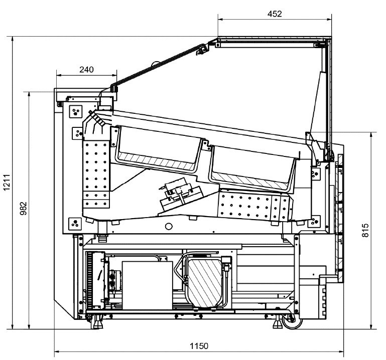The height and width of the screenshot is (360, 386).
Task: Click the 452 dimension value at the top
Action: (x=275, y=14)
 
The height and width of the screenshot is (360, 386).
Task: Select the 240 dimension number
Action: (x=86, y=70)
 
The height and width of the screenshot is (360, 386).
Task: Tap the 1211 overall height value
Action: (x=7, y=182)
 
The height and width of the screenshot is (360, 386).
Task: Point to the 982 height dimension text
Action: (x=24, y=208)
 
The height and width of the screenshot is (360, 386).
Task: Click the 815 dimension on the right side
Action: (x=365, y=230)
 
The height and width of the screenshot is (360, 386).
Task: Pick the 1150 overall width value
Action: (x=199, y=346)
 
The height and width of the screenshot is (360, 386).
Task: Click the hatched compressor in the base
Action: (x=206, y=283)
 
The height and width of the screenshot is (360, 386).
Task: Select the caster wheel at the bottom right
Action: (x=292, y=321)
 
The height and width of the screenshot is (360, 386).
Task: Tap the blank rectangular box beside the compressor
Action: (x=148, y=285)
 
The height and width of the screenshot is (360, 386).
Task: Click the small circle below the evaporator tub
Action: (x=169, y=226)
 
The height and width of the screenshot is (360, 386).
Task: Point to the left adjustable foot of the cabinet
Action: (x=97, y=322)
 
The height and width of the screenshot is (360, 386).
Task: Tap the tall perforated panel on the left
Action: (x=96, y=174)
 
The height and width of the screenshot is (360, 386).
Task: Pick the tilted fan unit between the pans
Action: (x=181, y=194)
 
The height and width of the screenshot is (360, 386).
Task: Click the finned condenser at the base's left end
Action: (x=95, y=280)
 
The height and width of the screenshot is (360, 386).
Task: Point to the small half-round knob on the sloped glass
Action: (x=155, y=64)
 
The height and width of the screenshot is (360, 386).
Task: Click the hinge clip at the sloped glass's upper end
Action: (x=202, y=49)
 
